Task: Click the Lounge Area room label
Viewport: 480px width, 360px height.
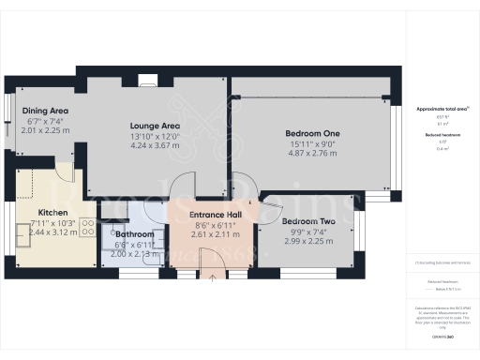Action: (156, 127)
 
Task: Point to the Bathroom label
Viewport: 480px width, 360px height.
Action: (134, 233)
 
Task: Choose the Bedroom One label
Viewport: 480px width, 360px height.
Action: (312, 133)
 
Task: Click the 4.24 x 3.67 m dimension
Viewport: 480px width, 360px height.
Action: (156, 145)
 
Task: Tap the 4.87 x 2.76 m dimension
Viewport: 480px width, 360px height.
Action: (312, 151)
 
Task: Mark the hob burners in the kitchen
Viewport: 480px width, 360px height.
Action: (84, 226)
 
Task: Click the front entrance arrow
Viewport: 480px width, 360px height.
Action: (214, 276)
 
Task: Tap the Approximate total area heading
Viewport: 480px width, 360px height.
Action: (442, 109)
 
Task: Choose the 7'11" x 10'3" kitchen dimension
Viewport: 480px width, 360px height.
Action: (52, 222)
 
